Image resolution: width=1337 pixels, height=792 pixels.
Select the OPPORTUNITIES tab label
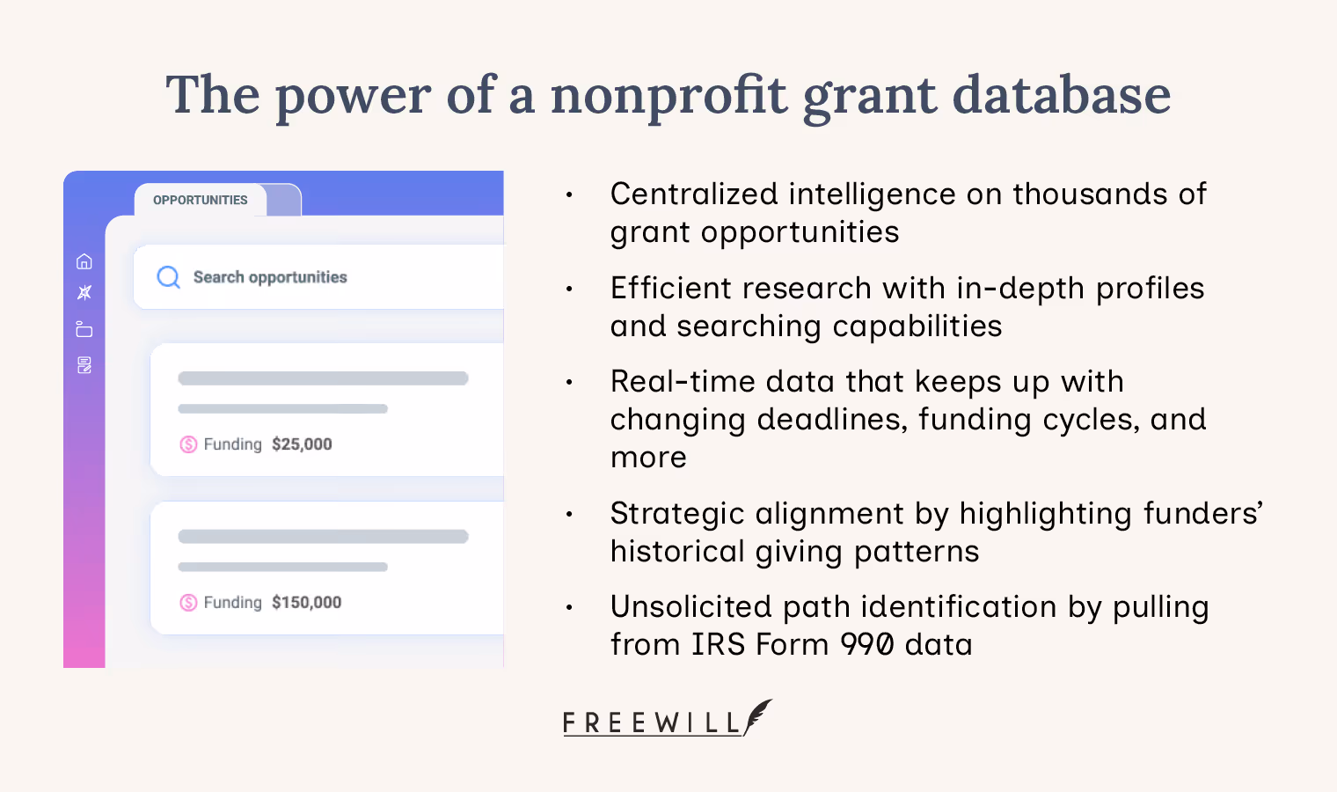201,200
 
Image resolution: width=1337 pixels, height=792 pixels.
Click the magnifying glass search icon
168,277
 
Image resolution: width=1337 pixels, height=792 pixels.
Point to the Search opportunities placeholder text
270,277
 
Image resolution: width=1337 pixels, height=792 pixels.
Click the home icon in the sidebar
84,261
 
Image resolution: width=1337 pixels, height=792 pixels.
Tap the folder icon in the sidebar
84,329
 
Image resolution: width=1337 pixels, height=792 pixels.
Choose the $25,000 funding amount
302,444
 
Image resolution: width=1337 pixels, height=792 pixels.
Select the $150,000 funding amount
306,603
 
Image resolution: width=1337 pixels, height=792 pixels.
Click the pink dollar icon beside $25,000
188,444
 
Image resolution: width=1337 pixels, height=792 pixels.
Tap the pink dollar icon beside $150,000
188,603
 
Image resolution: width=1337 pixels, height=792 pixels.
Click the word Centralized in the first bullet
694,194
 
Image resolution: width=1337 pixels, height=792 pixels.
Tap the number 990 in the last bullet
867,645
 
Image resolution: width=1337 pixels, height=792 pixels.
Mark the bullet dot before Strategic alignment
569,514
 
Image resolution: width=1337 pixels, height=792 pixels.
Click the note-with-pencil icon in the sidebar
84,365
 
